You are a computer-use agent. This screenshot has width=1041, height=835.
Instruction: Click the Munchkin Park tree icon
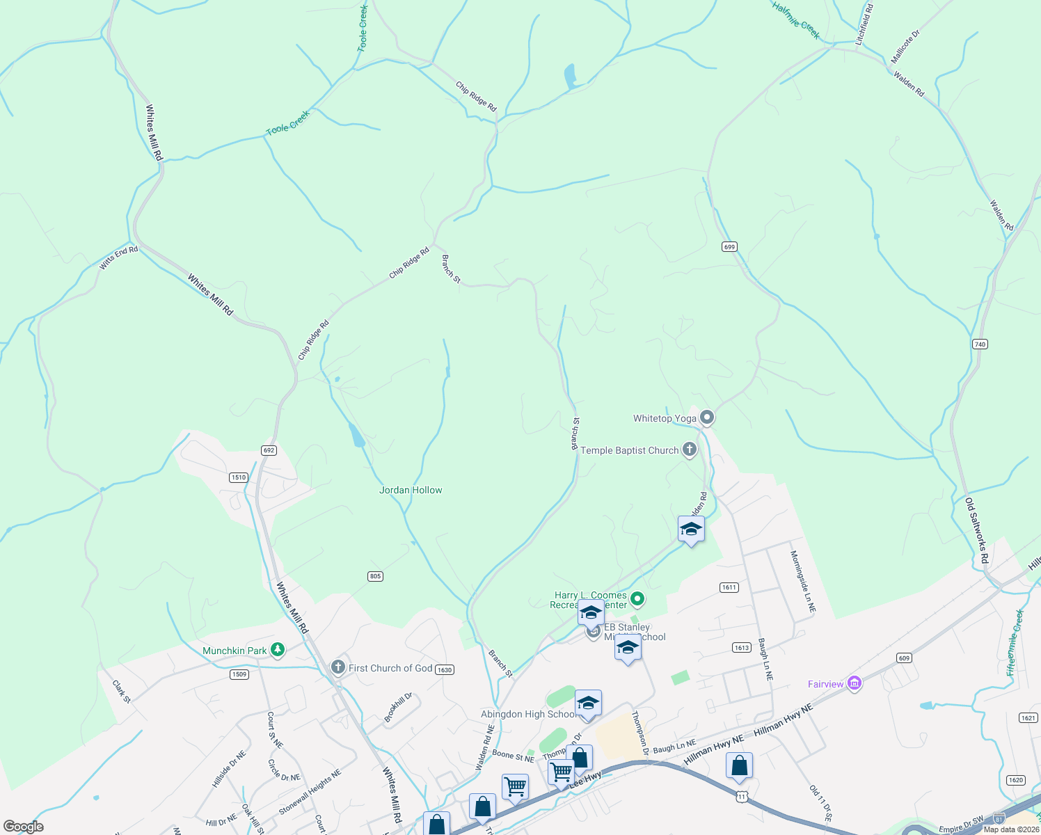[x=278, y=650]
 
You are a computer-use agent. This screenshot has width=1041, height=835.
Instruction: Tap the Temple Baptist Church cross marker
[x=689, y=450]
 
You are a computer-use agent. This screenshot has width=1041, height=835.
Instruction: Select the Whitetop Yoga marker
[x=707, y=417]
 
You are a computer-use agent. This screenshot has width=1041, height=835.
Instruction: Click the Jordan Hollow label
[x=411, y=490]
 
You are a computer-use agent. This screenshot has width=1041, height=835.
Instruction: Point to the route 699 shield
[x=729, y=246]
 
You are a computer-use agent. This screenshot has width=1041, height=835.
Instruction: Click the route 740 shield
[x=980, y=344]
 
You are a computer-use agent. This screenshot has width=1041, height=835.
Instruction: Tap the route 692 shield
[x=269, y=450]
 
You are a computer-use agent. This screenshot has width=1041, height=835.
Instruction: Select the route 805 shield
[x=375, y=576]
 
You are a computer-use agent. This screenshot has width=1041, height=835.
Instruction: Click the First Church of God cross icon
[x=337, y=668]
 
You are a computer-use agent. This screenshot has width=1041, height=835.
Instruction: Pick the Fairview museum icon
[x=855, y=683]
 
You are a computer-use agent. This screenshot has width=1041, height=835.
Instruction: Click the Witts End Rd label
[x=118, y=258]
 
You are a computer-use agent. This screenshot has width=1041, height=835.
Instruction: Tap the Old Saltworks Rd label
[x=976, y=530]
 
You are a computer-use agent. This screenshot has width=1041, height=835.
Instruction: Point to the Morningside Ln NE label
[x=802, y=582]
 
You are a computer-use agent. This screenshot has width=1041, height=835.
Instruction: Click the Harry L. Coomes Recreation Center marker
[x=637, y=598]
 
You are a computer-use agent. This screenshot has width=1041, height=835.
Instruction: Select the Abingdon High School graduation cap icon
[x=588, y=703]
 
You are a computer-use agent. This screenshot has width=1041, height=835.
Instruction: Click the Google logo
[x=24, y=827]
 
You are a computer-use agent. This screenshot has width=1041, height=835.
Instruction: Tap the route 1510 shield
[x=239, y=477]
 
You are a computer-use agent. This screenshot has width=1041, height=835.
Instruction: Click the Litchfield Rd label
[x=865, y=25]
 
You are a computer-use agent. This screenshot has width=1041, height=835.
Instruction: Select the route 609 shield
[x=904, y=658]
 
